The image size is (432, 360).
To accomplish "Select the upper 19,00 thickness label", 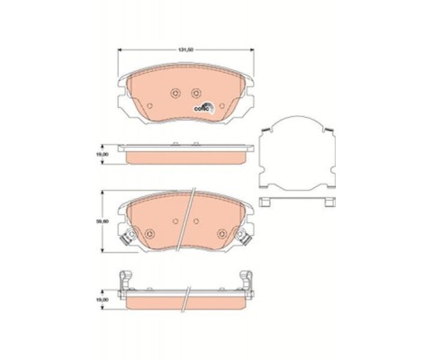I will [104, 154].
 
